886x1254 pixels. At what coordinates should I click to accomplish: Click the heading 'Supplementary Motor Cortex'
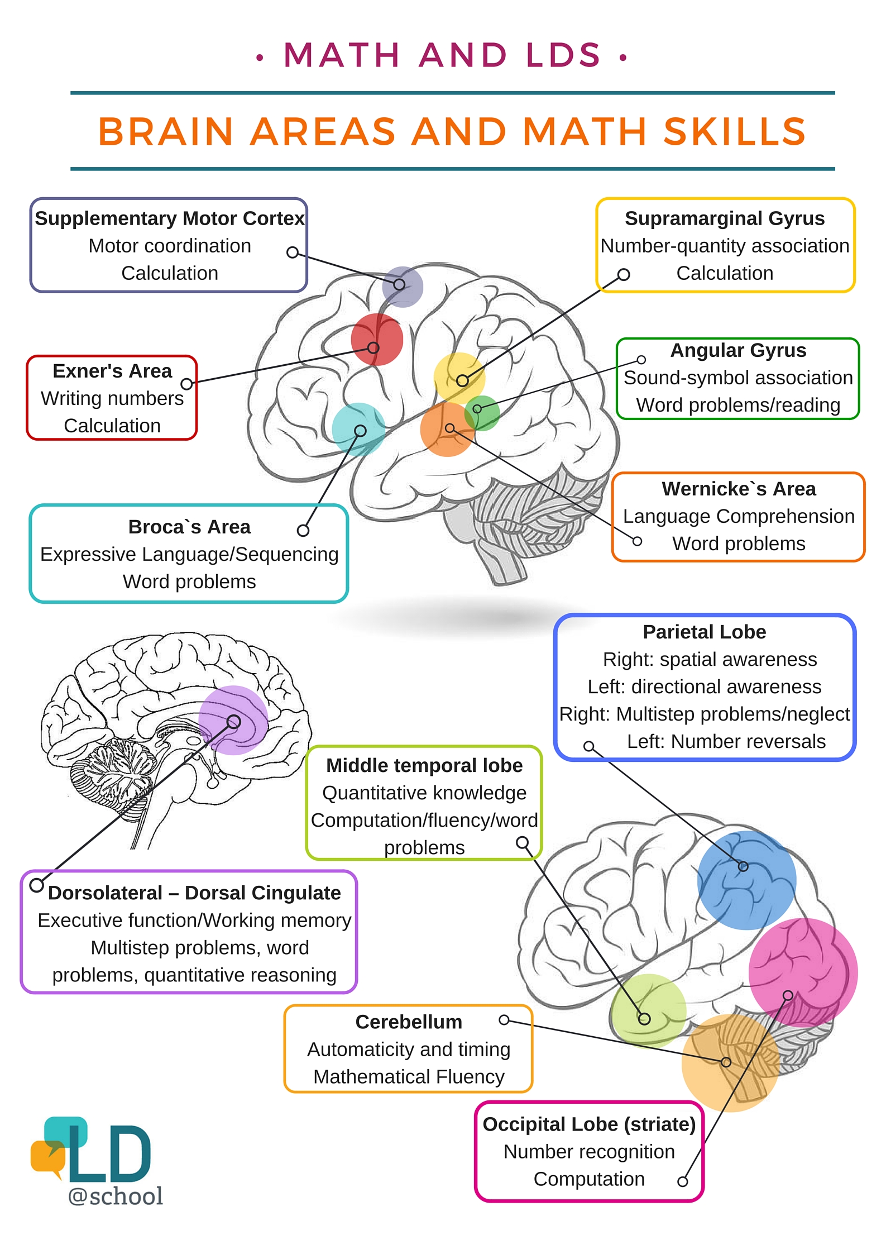pos(170,218)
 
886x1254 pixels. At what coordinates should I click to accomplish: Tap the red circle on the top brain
pos(377,339)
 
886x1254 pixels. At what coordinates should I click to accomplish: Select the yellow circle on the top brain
pos(459,378)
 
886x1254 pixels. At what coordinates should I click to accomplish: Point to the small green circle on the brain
pos(482,413)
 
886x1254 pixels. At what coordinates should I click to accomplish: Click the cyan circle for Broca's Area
pos(358,429)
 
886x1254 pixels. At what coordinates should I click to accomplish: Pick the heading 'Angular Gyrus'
pos(738,350)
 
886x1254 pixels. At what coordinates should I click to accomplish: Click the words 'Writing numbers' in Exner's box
pos(112,398)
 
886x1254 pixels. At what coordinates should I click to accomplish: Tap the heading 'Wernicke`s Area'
pos(739,489)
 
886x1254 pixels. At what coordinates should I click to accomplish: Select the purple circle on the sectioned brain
pos(233,720)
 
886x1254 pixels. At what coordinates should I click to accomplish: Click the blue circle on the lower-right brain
pos(746,880)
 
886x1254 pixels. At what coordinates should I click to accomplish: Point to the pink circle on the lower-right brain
pos(803,972)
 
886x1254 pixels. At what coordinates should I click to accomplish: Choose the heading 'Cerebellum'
pos(409,1022)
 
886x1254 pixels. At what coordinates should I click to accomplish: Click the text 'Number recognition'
pos(589,1151)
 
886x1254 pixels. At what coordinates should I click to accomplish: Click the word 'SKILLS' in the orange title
pos(735,132)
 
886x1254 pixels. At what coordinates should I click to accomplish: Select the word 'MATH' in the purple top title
pos(342,55)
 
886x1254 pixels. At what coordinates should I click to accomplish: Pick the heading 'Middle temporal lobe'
pos(424,765)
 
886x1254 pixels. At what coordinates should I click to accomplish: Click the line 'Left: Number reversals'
pos(726,741)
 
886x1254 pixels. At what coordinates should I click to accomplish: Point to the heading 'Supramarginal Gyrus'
pos(725,218)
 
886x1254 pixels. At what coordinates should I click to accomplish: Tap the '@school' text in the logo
pos(116,1196)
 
